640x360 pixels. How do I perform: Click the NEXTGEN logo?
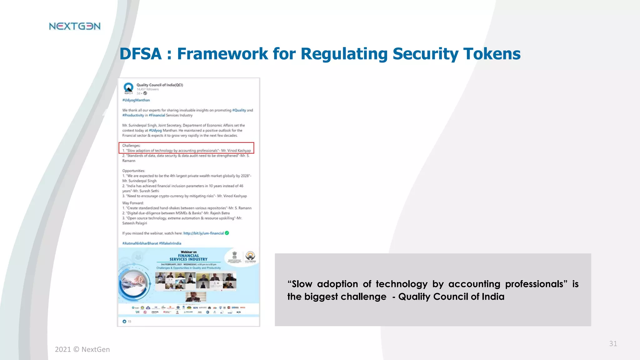[x=75, y=26]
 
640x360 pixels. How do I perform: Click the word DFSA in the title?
[x=140, y=54]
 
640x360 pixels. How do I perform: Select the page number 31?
[x=613, y=344]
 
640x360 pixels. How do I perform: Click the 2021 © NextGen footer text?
[x=82, y=349]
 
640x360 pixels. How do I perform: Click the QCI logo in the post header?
[x=128, y=88]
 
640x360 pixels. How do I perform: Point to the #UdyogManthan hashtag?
[x=136, y=100]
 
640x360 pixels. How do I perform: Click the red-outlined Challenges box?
[x=186, y=148]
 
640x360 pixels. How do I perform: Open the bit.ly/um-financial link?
[x=203, y=233]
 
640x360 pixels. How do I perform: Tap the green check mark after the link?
[x=227, y=233]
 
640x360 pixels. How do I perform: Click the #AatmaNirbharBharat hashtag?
[x=140, y=243]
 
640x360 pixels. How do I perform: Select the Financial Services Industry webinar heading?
[x=188, y=257]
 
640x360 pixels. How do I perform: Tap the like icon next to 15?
[x=124, y=321]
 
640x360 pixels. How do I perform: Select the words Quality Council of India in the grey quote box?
[x=451, y=297]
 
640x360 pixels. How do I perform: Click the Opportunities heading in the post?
[x=133, y=171]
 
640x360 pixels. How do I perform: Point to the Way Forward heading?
[x=133, y=203]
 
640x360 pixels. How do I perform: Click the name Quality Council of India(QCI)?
[x=160, y=85]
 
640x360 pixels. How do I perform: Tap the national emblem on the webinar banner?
[x=234, y=255]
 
